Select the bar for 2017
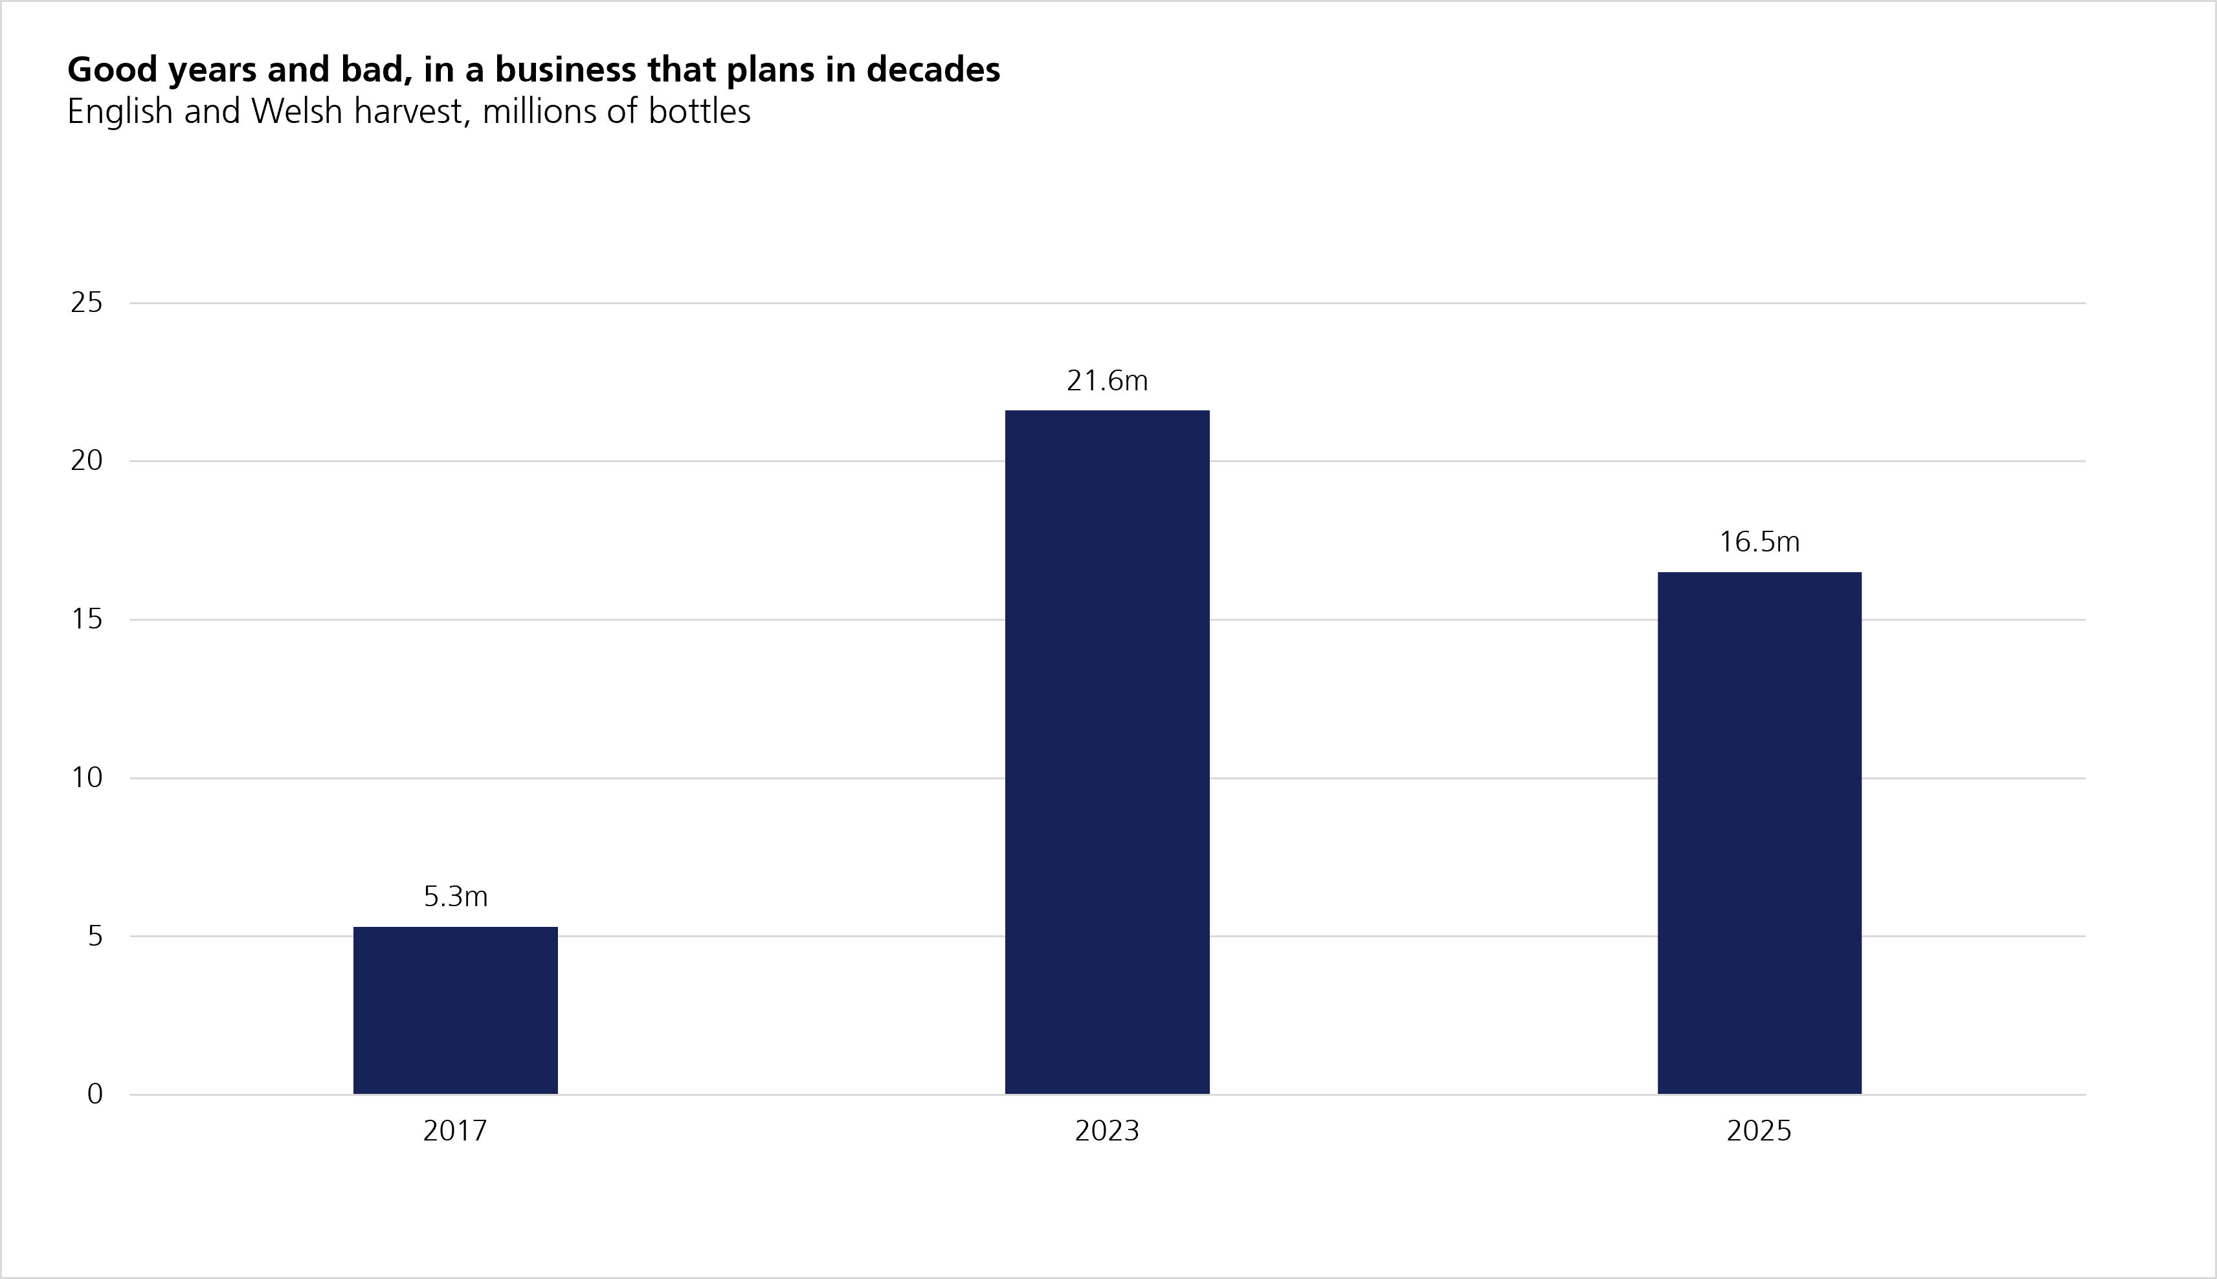point(455,1010)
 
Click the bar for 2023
point(1107,752)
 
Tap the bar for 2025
point(1759,833)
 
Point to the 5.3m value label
point(455,896)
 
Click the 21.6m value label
point(1107,381)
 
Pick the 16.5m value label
point(1759,542)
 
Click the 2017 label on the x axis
point(455,1131)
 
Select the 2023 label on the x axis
point(1107,1131)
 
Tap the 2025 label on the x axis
point(1759,1131)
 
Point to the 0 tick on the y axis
point(95,1095)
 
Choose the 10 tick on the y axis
point(87,777)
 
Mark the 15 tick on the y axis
point(87,619)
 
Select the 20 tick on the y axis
point(87,460)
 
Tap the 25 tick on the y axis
point(87,302)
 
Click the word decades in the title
point(933,69)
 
